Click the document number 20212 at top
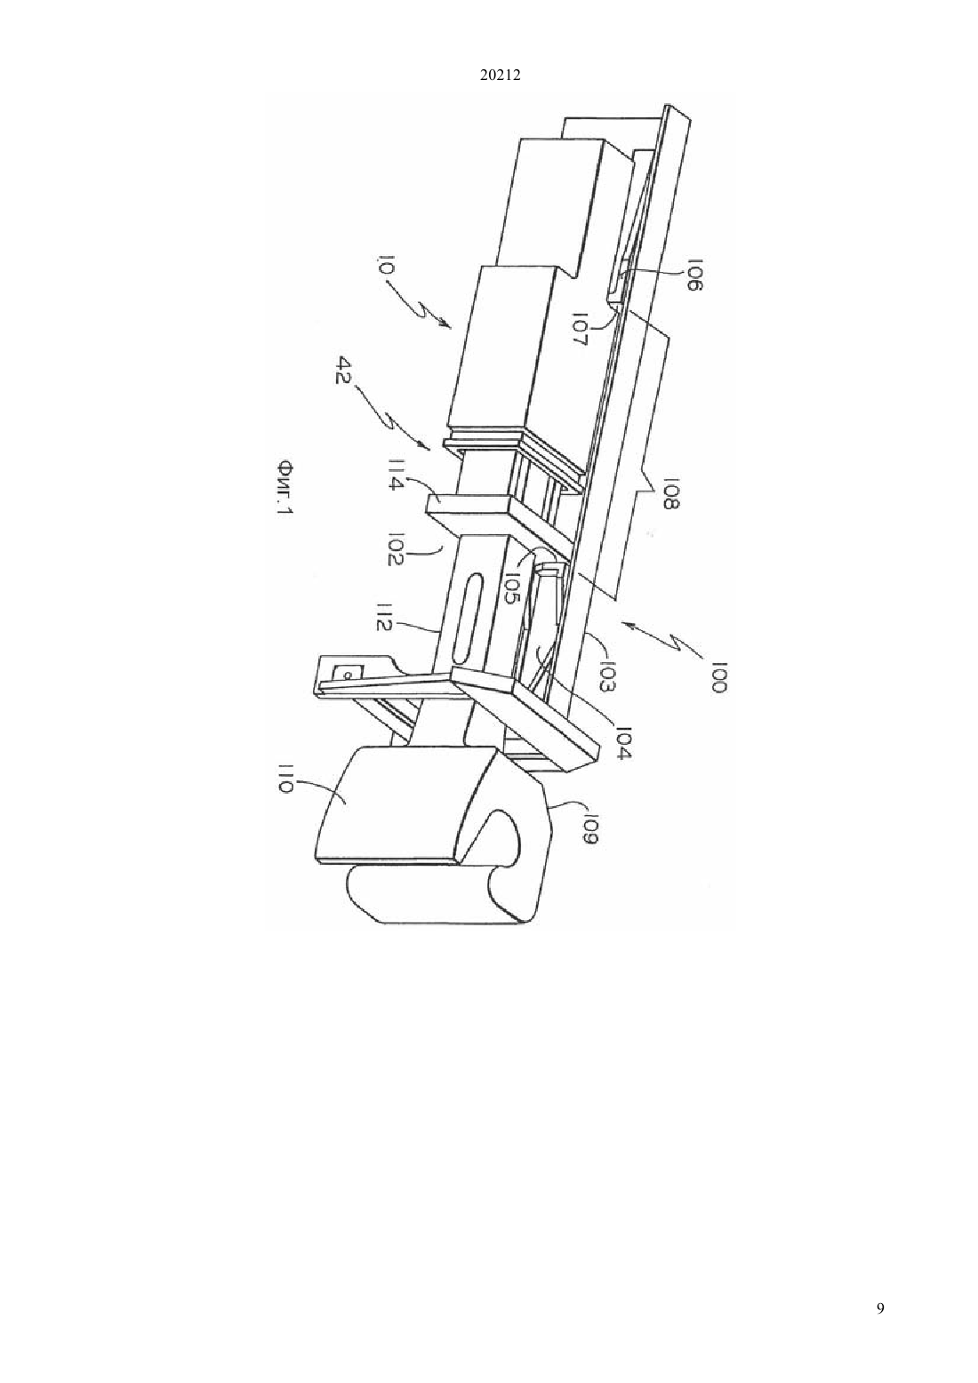[x=500, y=76]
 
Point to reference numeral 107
[x=581, y=331]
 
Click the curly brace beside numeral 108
[x=646, y=491]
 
